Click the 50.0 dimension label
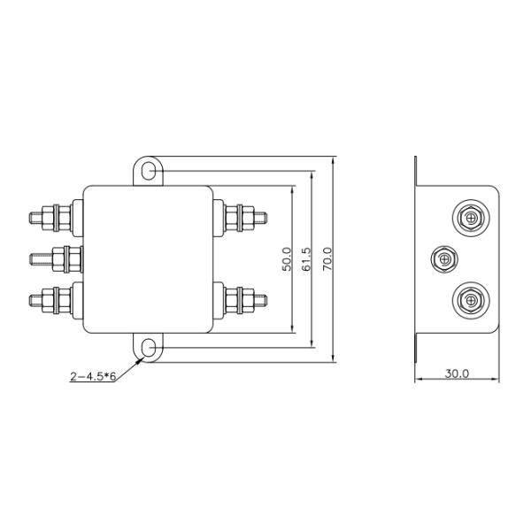click(x=287, y=259)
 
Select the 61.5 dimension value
click(x=306, y=259)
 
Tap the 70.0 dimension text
click(x=327, y=259)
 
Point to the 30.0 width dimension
click(x=457, y=373)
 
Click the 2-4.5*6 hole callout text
click(x=93, y=376)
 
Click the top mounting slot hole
click(x=148, y=171)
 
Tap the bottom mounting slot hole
click(x=148, y=348)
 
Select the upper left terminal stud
click(x=50, y=218)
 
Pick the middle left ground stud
click(x=57, y=259)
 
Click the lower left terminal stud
click(x=50, y=300)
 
